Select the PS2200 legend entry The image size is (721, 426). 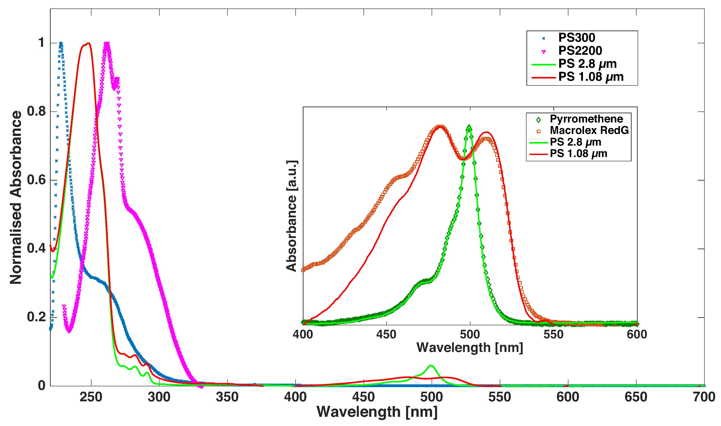tap(580, 51)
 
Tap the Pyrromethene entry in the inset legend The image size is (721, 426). tap(586, 119)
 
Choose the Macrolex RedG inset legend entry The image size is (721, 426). tap(589, 130)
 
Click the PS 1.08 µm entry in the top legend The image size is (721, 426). tap(591, 77)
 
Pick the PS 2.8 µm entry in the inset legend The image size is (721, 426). tap(575, 142)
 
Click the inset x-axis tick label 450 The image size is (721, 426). tap(386, 334)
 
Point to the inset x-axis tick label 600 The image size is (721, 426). tap(637, 334)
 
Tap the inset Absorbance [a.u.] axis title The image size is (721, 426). tap(292, 216)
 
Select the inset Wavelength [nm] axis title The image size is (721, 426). tap(470, 348)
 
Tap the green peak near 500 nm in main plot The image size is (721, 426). tap(431, 365)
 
